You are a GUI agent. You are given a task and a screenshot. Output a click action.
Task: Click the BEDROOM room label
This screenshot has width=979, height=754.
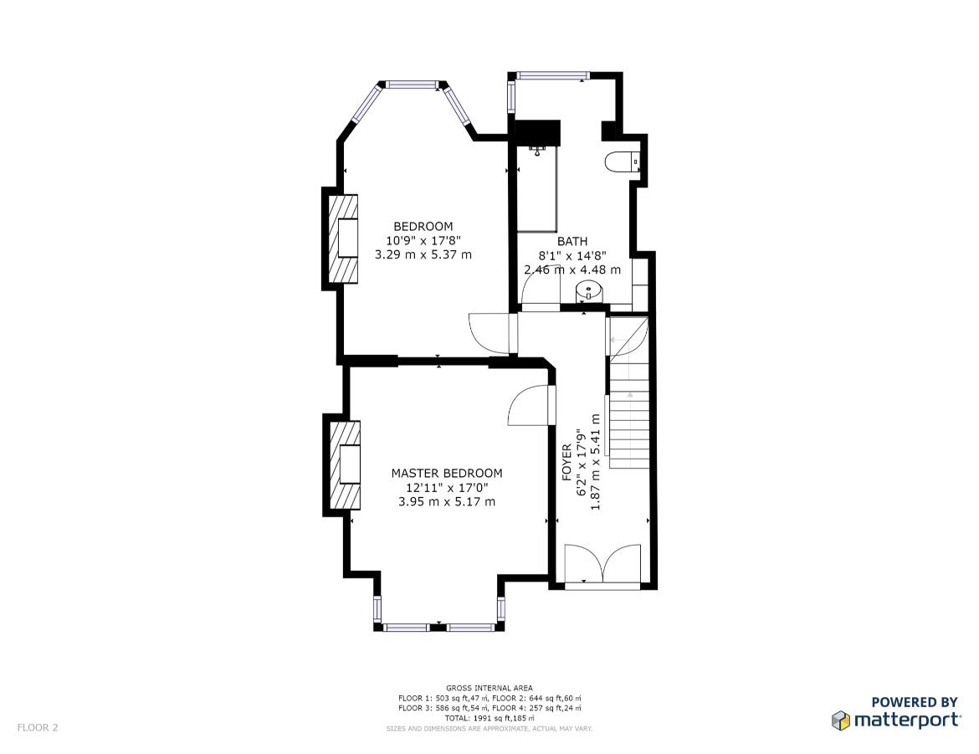click(x=423, y=226)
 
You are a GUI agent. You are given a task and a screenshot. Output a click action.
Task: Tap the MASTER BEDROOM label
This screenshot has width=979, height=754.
click(x=447, y=474)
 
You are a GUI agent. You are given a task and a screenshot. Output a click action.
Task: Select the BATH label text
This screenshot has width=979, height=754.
click(x=572, y=241)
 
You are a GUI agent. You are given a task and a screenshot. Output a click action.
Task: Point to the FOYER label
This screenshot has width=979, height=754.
click(x=567, y=462)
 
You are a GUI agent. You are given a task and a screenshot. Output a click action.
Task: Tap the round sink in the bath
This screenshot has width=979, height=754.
click(x=588, y=291)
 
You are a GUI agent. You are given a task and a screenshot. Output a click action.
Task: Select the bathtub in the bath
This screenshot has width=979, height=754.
click(x=536, y=189)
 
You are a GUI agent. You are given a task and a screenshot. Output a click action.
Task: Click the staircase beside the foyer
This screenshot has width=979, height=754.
click(x=629, y=393)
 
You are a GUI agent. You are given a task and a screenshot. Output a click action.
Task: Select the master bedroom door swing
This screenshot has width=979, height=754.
click(x=531, y=405)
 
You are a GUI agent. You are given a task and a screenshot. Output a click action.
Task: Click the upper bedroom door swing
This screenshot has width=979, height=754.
click(x=493, y=334)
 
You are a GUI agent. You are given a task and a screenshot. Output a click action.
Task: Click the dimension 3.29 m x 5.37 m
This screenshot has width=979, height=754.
click(x=423, y=255)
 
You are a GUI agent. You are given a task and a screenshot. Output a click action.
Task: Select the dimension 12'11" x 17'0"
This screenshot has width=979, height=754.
click(x=447, y=487)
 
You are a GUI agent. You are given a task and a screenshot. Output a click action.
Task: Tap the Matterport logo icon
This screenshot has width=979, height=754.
click(x=840, y=721)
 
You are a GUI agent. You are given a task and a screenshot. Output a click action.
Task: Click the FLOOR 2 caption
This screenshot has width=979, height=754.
click(x=38, y=727)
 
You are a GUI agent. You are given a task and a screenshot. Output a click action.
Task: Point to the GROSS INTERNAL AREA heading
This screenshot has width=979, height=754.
click(x=489, y=688)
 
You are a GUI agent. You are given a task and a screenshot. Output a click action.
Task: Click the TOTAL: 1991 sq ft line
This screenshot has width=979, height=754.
click(x=489, y=718)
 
